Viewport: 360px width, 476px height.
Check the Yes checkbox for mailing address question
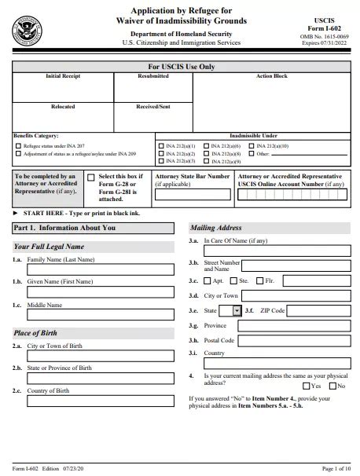pos(306,386)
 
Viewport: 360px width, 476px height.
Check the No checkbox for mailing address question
pos(332,386)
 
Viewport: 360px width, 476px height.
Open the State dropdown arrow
pos(237,310)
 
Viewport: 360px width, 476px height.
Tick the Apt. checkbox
pos(208,280)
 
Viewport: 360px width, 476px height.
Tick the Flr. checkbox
pos(259,280)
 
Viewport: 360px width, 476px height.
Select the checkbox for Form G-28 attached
pos(91,178)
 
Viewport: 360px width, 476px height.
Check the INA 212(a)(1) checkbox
pos(160,146)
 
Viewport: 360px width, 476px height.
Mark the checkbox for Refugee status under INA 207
pos(17,146)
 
